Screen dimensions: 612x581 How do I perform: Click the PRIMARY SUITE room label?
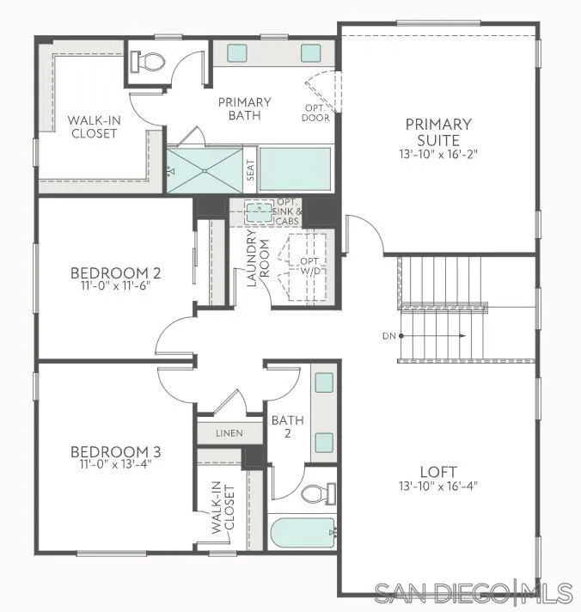[x=438, y=132]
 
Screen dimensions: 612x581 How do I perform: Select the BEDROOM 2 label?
[x=116, y=274]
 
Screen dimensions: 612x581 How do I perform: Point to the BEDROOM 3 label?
[x=116, y=451]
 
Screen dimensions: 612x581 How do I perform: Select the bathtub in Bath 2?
[x=303, y=533]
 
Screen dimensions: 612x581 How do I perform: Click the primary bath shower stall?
[x=205, y=169]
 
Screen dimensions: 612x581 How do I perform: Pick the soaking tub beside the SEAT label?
[x=295, y=168]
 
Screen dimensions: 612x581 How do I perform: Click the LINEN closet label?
[x=229, y=433]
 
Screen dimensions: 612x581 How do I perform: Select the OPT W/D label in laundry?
[x=309, y=266]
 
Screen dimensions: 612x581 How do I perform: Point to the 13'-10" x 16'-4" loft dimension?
[x=438, y=486]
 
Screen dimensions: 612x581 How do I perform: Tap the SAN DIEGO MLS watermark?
[x=473, y=592]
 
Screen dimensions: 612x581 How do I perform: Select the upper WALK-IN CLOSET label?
[x=94, y=126]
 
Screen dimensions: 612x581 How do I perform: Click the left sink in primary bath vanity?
[x=236, y=52]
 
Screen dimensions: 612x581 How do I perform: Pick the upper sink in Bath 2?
[x=323, y=383]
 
